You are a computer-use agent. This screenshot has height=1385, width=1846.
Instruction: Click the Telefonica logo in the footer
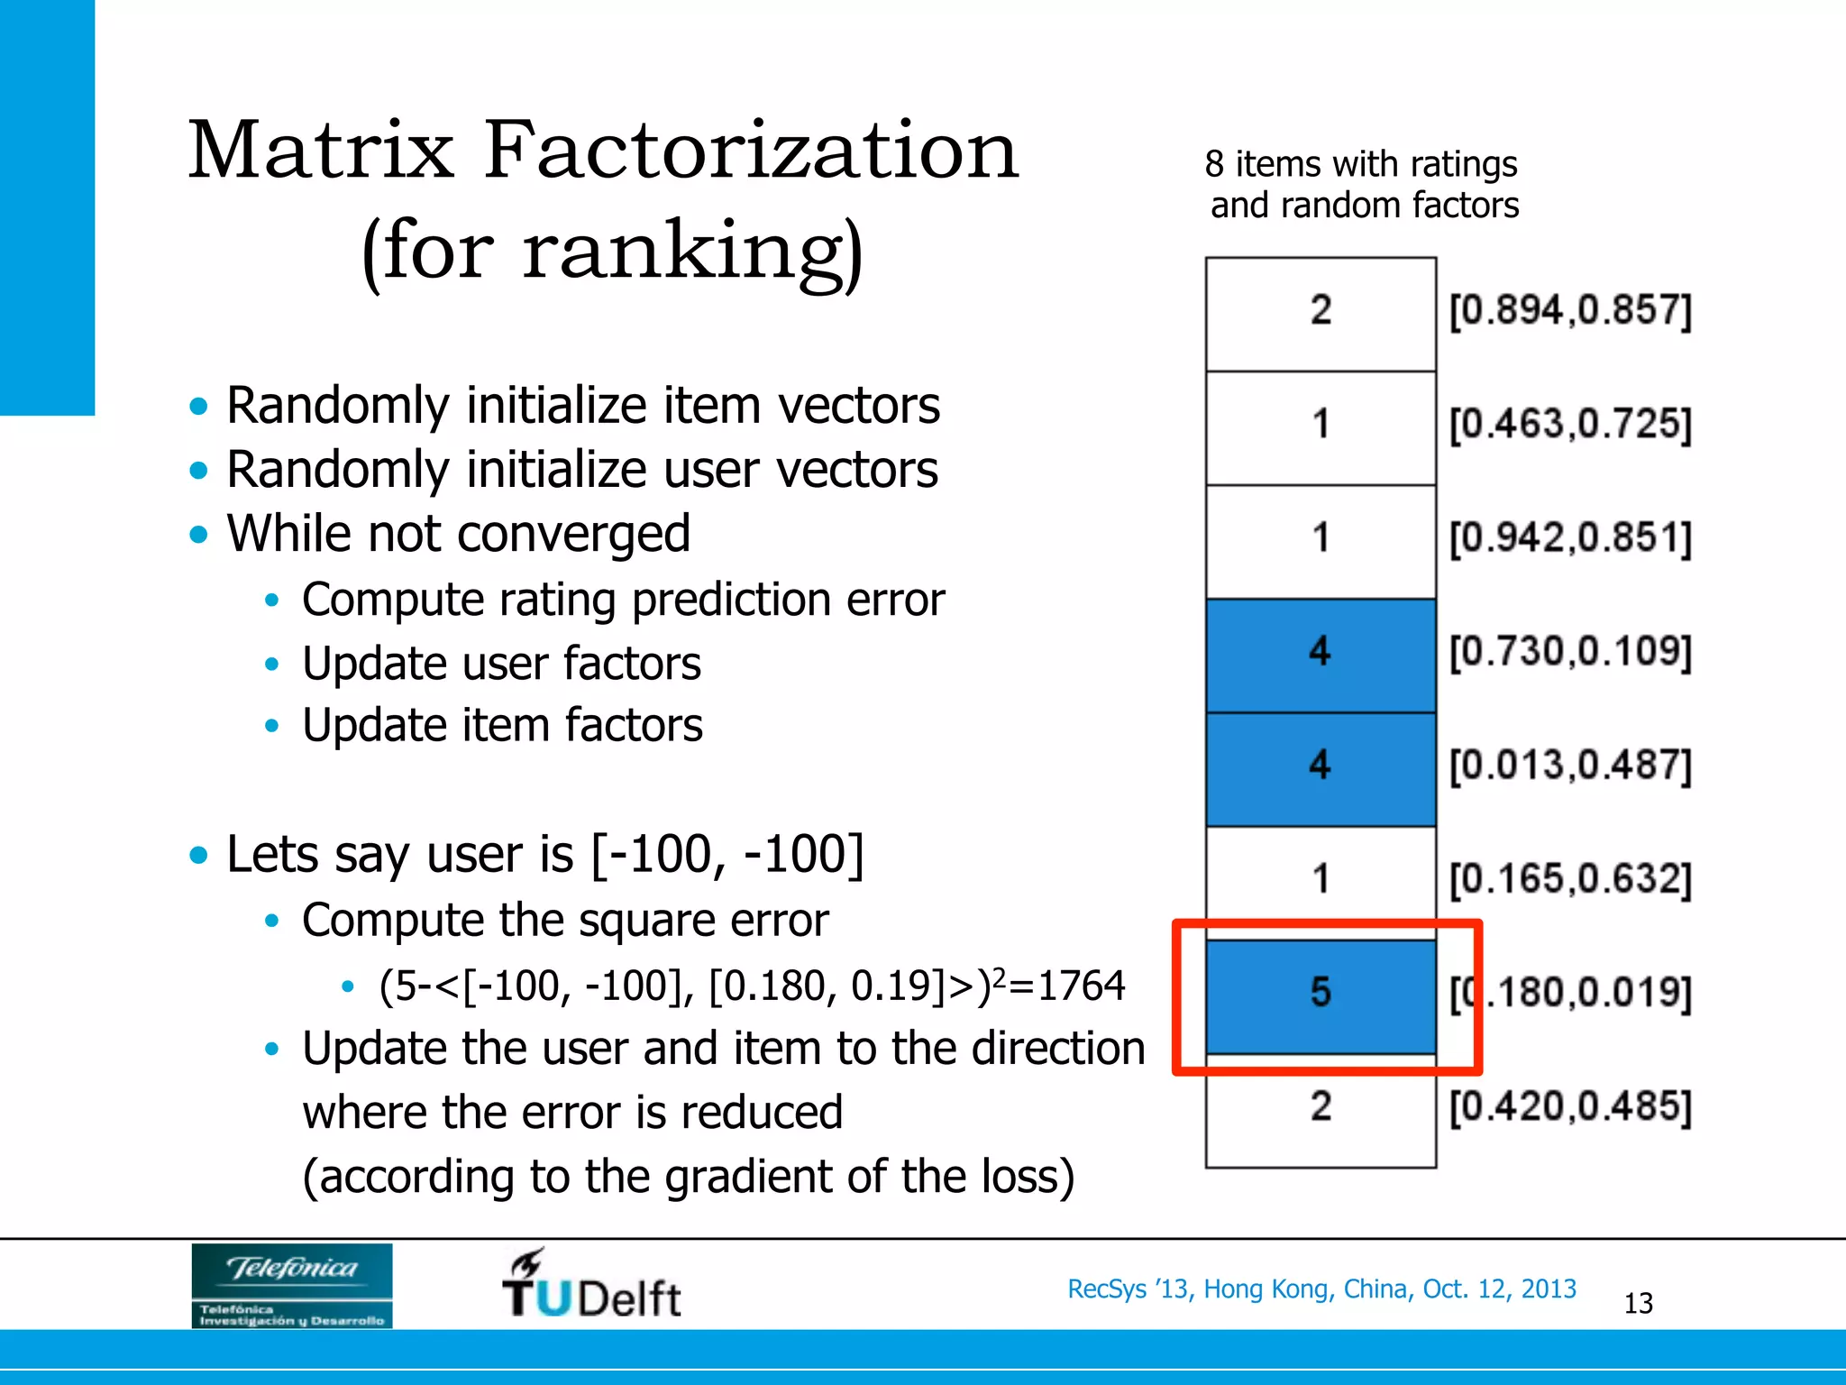click(291, 1285)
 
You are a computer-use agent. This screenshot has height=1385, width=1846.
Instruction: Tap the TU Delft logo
click(591, 1285)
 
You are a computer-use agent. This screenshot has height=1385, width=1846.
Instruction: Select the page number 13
click(1638, 1303)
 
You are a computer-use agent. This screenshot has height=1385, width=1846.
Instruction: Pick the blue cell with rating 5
click(1320, 995)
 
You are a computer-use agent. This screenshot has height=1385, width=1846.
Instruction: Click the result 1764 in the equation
click(1081, 986)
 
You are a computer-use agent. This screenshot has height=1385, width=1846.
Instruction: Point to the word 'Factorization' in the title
click(751, 151)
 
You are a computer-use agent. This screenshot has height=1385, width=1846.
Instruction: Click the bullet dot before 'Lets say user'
click(198, 855)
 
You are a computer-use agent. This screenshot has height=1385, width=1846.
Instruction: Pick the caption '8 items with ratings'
click(1360, 164)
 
